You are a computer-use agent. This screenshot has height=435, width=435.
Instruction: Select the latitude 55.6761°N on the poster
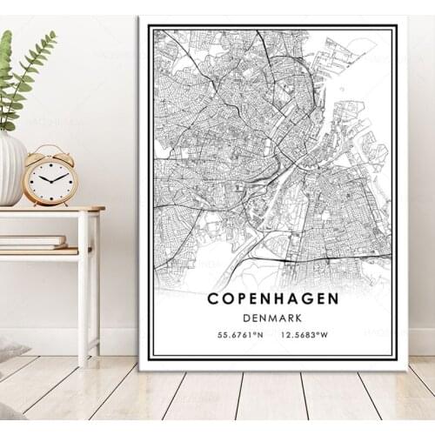click(x=238, y=334)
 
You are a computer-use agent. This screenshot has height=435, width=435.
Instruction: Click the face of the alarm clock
click(x=50, y=178)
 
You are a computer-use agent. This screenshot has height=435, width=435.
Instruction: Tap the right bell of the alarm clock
click(x=64, y=153)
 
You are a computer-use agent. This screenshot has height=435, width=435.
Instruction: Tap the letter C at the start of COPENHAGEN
click(x=213, y=298)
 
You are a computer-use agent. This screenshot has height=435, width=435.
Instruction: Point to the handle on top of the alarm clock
click(x=50, y=147)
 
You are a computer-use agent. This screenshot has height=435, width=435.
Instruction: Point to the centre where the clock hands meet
click(x=50, y=178)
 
